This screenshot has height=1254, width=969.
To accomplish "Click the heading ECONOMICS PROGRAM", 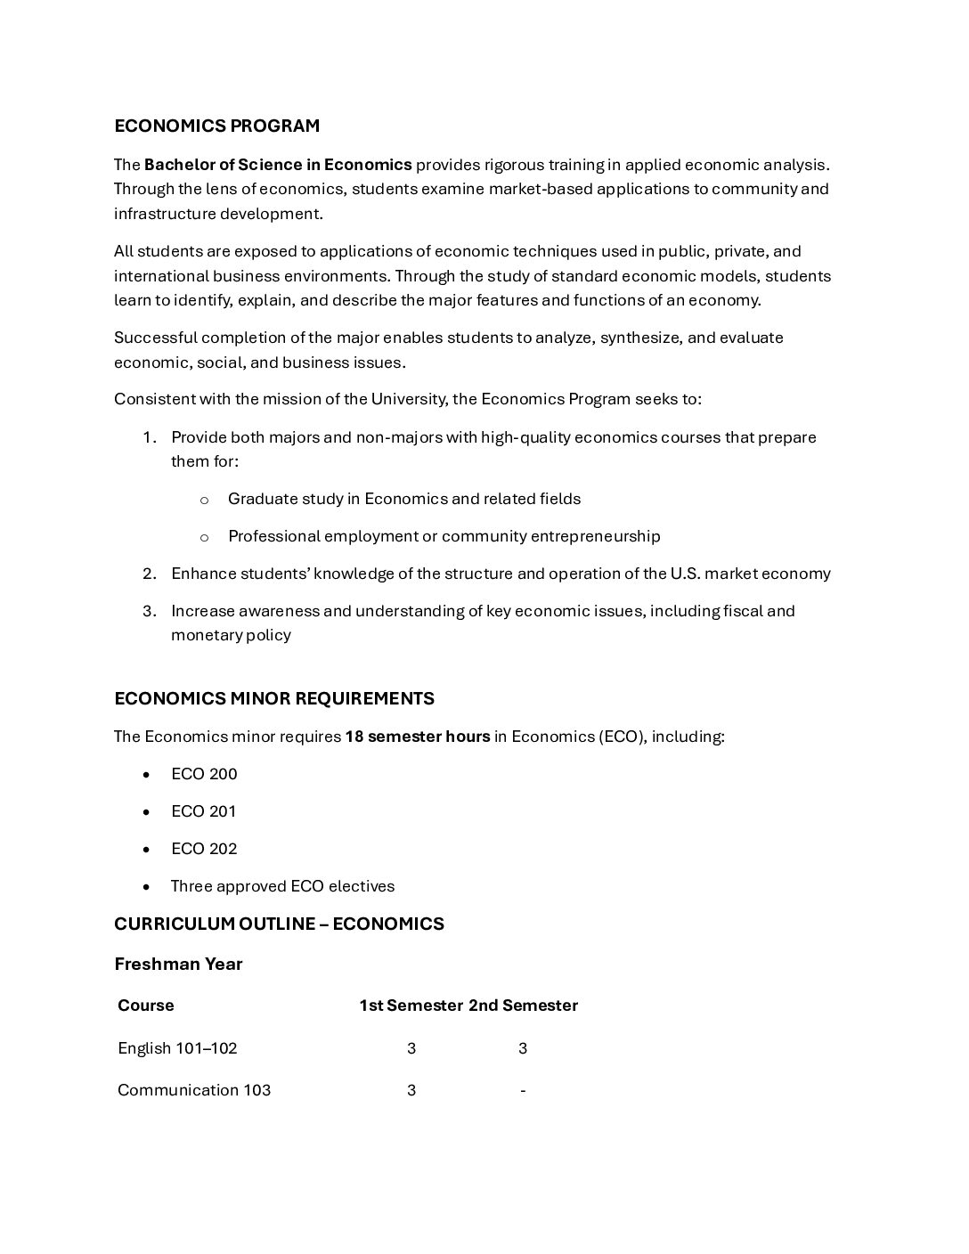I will [x=216, y=126].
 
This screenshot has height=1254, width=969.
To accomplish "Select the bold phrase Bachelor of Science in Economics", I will [x=278, y=165].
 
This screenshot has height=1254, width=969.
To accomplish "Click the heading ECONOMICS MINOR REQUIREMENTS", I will [x=274, y=698].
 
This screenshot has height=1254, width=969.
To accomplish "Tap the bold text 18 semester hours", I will [x=417, y=737].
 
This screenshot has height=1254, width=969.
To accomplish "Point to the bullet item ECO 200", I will [x=204, y=774].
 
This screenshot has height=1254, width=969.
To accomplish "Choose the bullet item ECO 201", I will [x=204, y=811].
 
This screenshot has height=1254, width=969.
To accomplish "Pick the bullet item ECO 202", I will [x=204, y=849].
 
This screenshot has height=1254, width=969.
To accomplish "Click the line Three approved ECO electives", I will [x=282, y=886].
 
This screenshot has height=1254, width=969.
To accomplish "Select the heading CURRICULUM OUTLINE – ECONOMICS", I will [x=279, y=924].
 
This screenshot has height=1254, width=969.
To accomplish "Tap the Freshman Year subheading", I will [x=178, y=964].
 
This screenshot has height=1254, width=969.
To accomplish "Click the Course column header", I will [x=146, y=1006].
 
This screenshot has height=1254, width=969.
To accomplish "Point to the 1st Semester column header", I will [x=411, y=1006].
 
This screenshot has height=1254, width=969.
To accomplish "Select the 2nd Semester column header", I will [x=523, y=1006].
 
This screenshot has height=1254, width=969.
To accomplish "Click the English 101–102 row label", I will [x=177, y=1048].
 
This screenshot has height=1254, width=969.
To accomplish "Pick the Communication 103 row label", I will [x=194, y=1090].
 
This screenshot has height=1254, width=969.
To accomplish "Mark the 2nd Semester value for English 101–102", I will [x=523, y=1048].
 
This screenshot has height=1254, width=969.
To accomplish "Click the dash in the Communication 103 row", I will [x=523, y=1090].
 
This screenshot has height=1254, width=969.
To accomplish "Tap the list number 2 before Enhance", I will [x=149, y=574].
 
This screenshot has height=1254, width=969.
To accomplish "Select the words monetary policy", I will [x=231, y=635].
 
